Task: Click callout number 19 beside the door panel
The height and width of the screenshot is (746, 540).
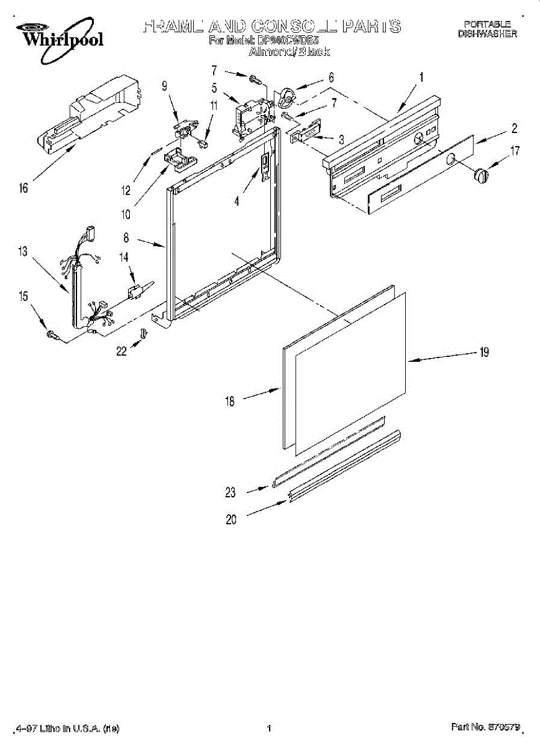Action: coord(483,352)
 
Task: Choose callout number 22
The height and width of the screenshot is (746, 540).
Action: coord(121,351)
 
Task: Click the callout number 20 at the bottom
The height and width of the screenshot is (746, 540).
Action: coord(231,520)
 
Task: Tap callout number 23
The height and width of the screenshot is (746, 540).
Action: coord(231,492)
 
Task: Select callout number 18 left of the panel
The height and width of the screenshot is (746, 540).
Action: coord(230,402)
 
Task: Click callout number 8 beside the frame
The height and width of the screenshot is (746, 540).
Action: coord(126,237)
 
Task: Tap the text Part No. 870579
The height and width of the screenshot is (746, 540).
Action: coord(485,727)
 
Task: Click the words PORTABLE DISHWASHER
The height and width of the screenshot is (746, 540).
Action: coord(487,29)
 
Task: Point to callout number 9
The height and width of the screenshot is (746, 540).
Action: coord(165,87)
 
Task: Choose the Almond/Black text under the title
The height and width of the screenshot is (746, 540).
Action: coord(289,52)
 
